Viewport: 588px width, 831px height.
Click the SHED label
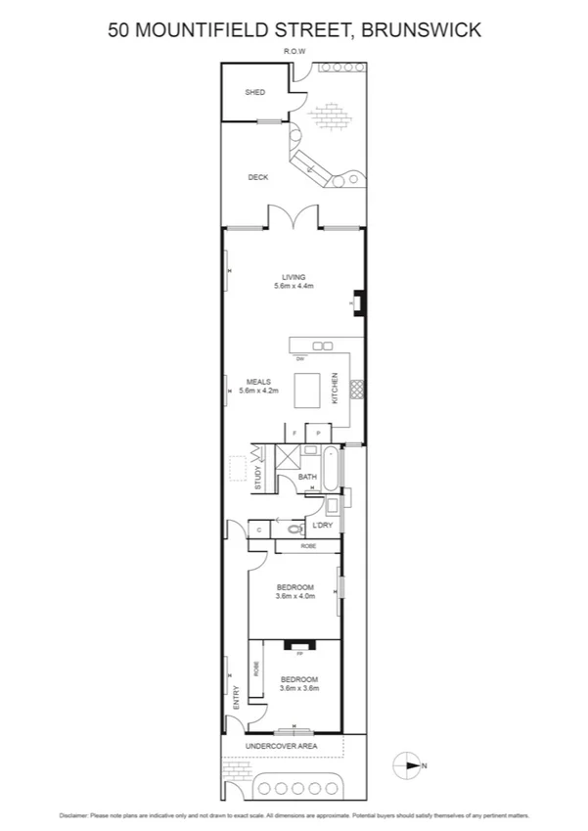tap(254, 92)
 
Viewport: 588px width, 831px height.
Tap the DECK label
tap(257, 177)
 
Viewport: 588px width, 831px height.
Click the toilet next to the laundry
tap(293, 529)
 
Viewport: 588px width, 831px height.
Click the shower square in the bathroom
tap(289, 457)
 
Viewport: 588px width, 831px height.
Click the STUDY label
tap(258, 478)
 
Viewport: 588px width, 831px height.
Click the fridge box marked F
tap(294, 432)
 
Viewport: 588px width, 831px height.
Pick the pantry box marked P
tap(318, 432)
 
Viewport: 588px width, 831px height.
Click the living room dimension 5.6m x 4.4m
tap(294, 287)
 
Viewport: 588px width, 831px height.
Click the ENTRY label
tap(236, 697)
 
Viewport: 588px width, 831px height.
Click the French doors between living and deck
tap(294, 216)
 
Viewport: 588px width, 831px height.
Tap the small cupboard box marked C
tap(257, 529)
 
